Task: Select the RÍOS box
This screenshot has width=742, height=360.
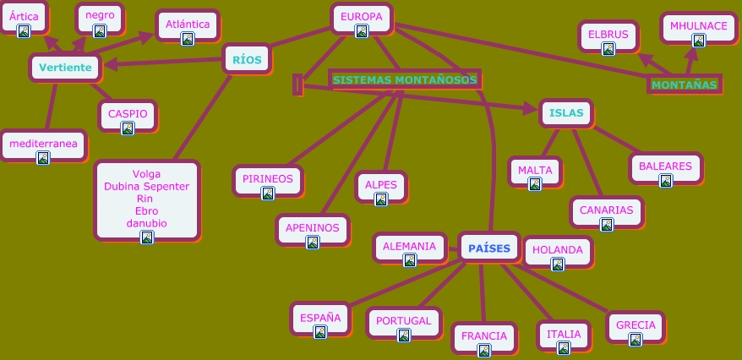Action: pos(247,59)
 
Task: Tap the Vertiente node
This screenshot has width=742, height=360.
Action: pos(65,68)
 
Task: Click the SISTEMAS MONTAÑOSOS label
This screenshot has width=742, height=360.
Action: pos(405,80)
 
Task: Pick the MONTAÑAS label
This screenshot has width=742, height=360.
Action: pos(685,85)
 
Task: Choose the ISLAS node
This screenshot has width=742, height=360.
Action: pos(565,112)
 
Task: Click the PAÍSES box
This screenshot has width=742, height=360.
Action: pos(488,248)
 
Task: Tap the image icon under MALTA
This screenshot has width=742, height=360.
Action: pos(534,184)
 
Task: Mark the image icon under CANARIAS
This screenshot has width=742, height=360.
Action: pos(606,225)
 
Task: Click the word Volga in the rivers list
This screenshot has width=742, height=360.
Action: pos(146,175)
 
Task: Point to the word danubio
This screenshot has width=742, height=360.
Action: pos(146,223)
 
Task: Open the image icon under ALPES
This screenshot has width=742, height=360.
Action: pos(380,199)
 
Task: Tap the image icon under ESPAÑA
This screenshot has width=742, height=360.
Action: pos(320,332)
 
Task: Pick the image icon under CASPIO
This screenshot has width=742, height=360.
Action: pos(128,128)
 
